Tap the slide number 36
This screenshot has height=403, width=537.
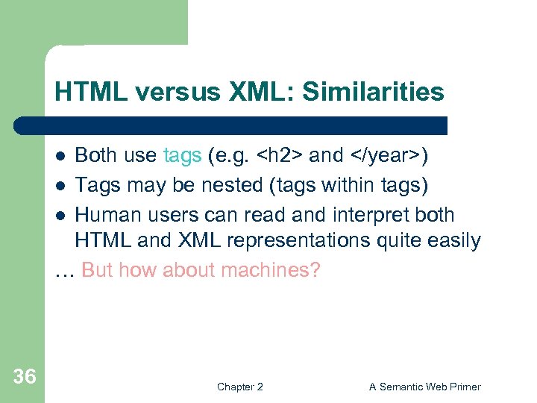click(x=25, y=377)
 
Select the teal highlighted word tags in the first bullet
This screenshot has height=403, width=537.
click(x=182, y=155)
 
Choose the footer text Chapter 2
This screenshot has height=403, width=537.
click(x=239, y=387)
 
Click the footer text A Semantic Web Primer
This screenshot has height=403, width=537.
click(x=425, y=387)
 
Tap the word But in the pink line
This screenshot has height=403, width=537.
click(x=98, y=269)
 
